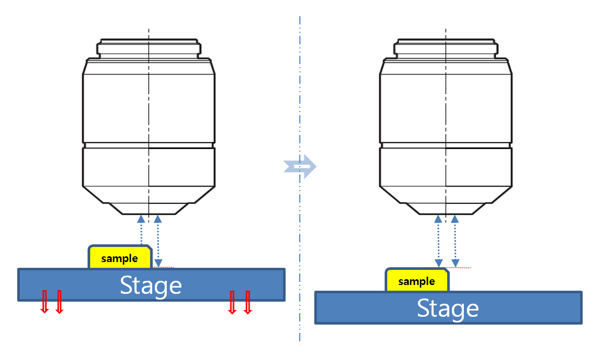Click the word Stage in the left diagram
click(151, 285)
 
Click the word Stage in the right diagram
click(448, 308)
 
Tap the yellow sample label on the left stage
click(120, 258)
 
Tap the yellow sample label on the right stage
click(416, 281)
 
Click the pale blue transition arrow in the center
click(300, 166)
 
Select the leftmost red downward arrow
click(44, 302)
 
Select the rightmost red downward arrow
click(248, 302)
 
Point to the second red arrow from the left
click(59, 302)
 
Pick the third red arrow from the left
click(232, 302)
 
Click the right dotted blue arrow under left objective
click(158, 240)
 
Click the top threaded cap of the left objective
click(149, 47)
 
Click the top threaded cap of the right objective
click(446, 47)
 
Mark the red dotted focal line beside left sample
click(164, 267)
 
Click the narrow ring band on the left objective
click(149, 145)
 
